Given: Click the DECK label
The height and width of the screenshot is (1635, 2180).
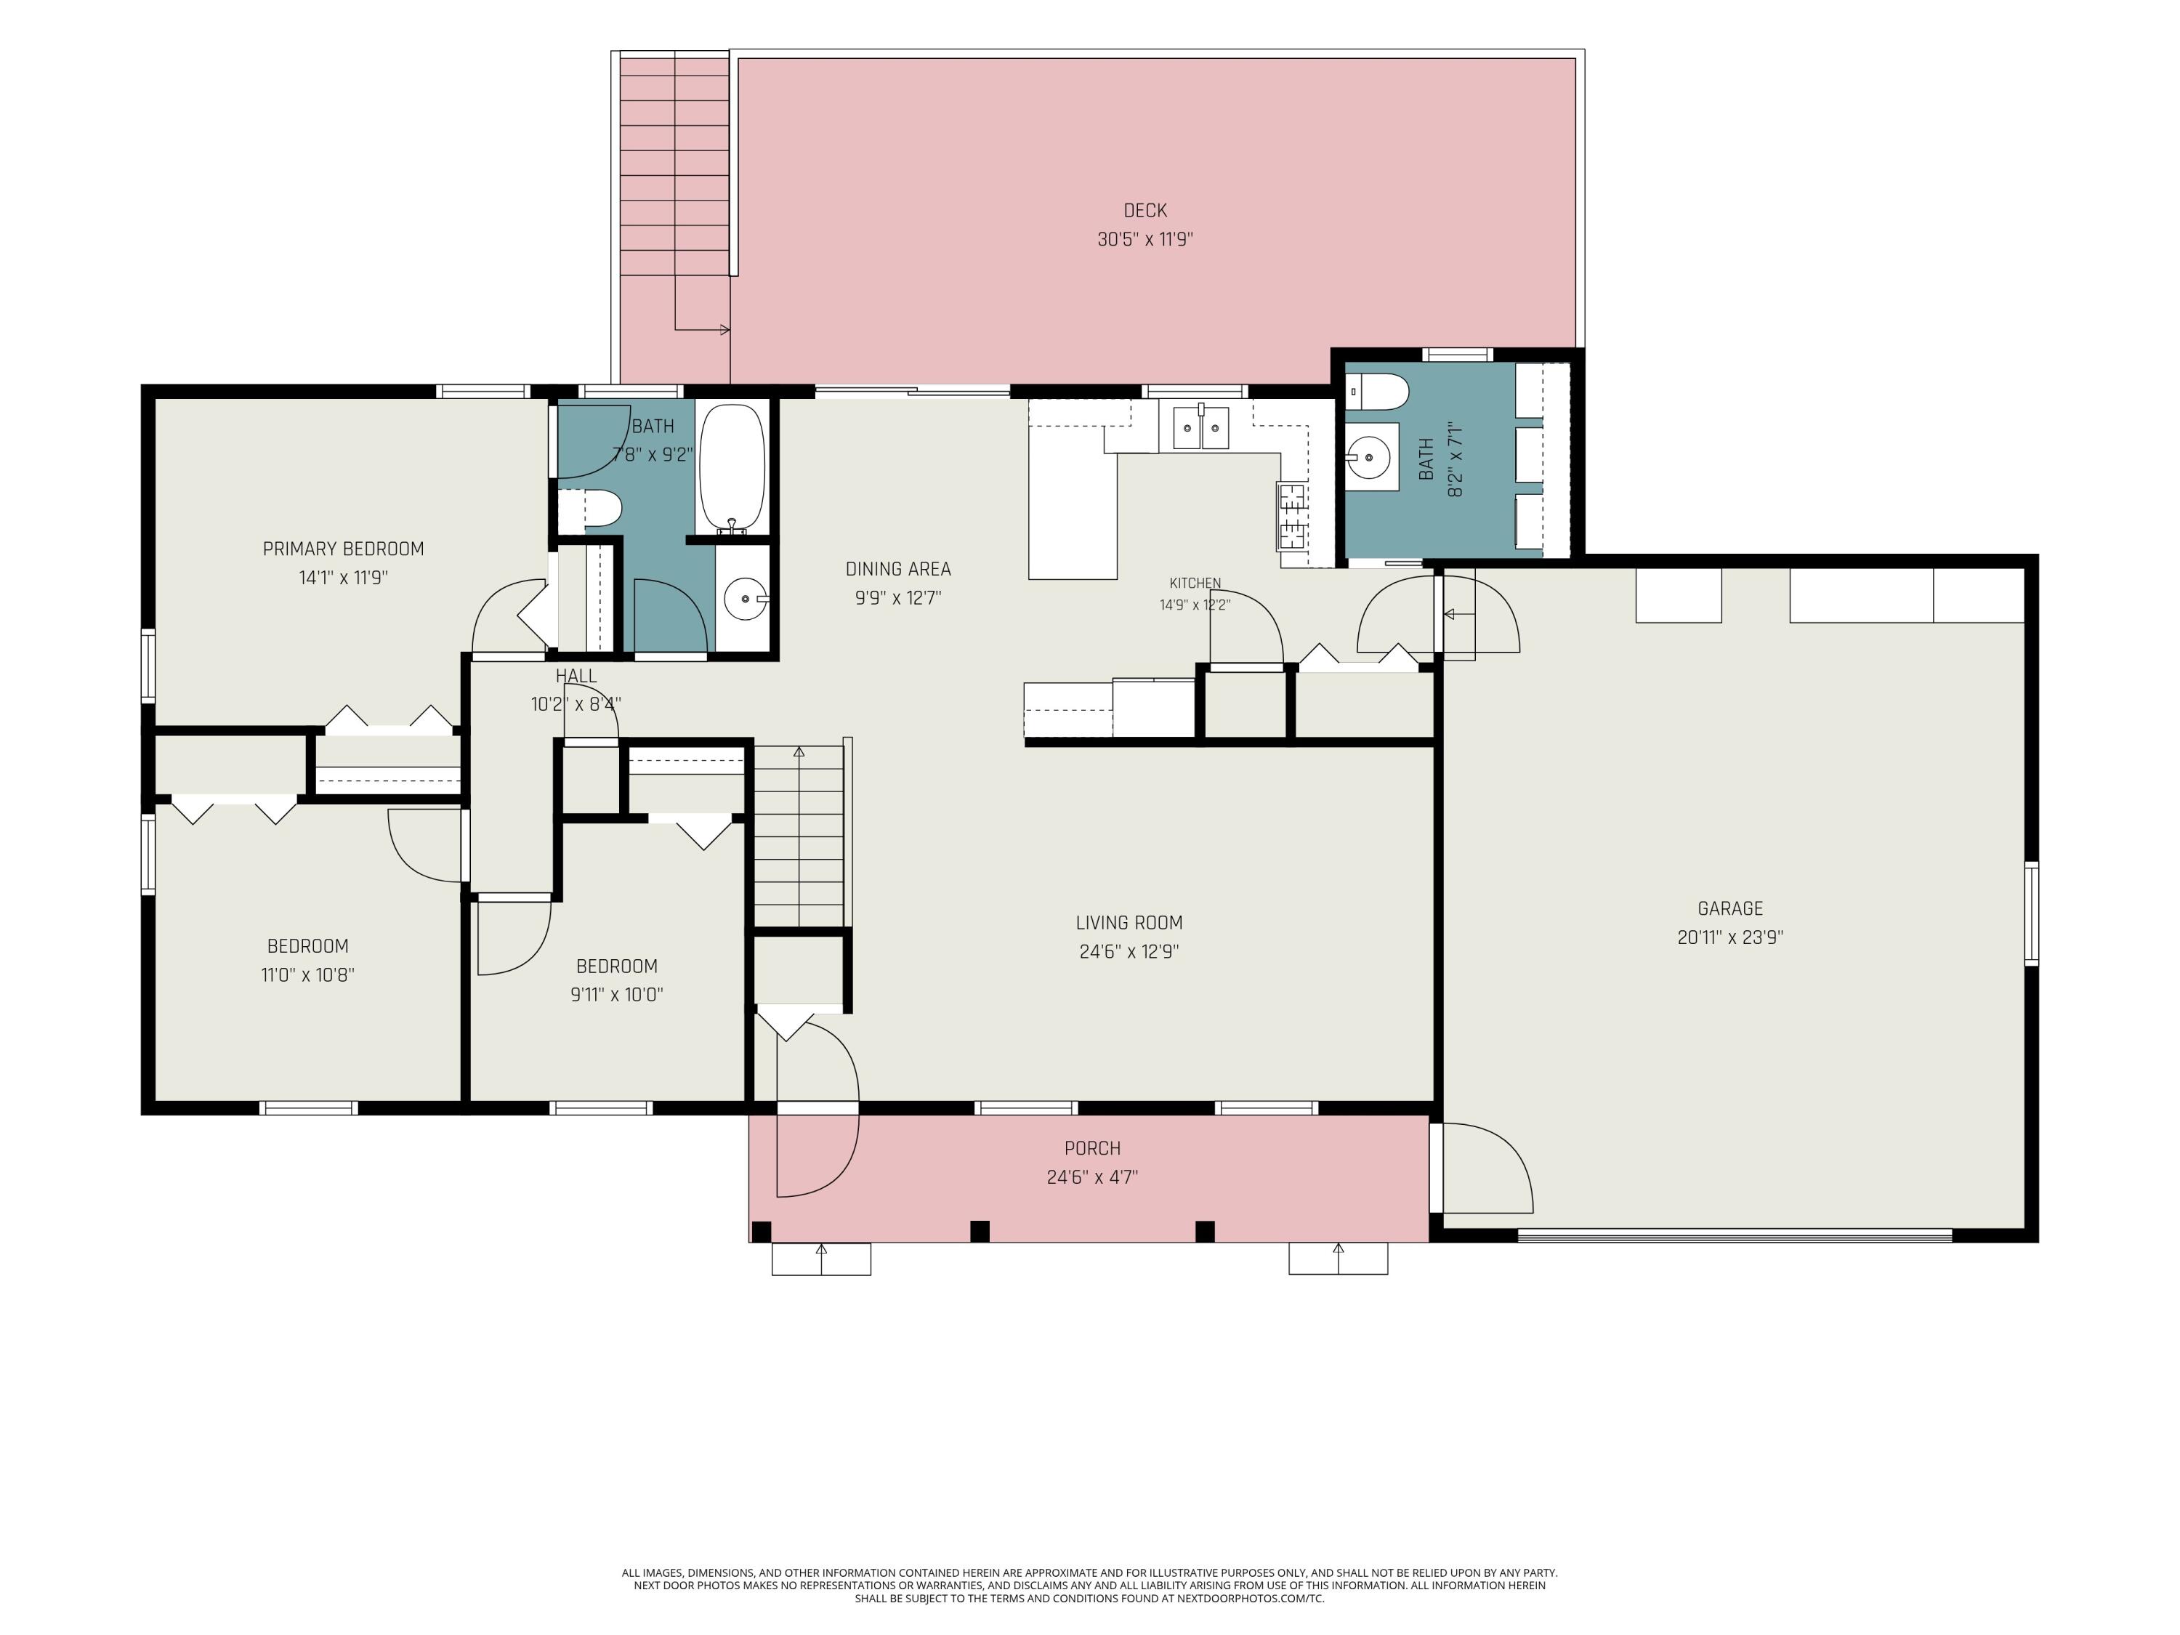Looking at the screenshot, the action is [1144, 210].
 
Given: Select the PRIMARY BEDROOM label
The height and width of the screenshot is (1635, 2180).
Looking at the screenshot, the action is [343, 549].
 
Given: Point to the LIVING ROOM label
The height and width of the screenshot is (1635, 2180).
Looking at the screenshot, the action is [1129, 922].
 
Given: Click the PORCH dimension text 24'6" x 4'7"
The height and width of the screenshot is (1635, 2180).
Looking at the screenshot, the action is [1092, 1176].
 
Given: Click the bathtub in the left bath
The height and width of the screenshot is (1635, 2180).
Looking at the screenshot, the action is [731, 469].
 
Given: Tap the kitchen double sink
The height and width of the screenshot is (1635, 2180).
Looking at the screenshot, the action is [1200, 427].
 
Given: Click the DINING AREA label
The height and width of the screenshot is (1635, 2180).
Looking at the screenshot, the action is [898, 569].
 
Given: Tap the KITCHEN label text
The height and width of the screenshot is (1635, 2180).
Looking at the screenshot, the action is [1195, 584].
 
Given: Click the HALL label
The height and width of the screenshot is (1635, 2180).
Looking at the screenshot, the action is [576, 676].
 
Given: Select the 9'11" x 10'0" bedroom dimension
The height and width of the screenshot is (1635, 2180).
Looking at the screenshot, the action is [616, 994].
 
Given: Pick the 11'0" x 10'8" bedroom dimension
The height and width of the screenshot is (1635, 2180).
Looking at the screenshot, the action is [307, 974].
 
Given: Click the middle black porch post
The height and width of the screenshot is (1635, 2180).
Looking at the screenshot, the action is [980, 1231].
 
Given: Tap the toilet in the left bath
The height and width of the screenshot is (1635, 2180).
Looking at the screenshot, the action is [590, 509].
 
